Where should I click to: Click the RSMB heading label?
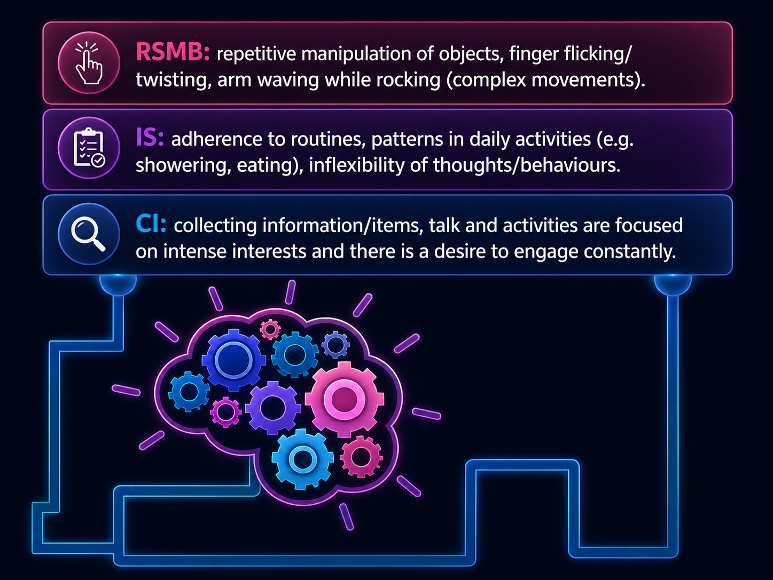(x=173, y=52)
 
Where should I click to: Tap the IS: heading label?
(x=150, y=137)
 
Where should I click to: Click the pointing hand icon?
(x=89, y=63)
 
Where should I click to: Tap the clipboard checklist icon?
(x=89, y=147)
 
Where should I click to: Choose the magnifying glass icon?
(x=88, y=234)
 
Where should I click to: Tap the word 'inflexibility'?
(x=356, y=165)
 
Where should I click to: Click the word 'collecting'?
(x=215, y=226)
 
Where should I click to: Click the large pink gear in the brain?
(x=344, y=399)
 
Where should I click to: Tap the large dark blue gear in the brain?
(x=233, y=360)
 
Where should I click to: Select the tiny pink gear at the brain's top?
(x=270, y=330)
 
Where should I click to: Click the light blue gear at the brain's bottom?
(x=302, y=459)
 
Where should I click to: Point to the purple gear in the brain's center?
(x=273, y=408)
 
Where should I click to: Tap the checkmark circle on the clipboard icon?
(x=98, y=161)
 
